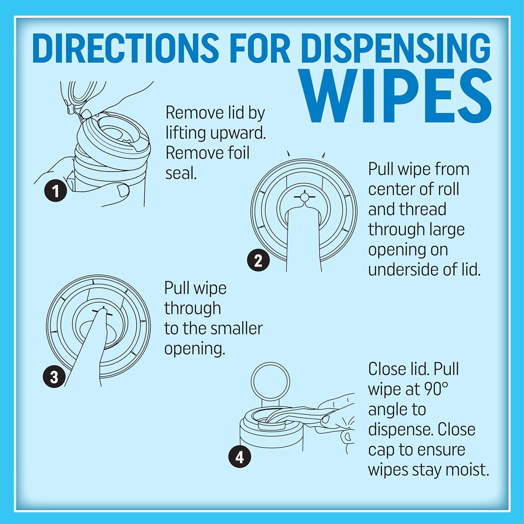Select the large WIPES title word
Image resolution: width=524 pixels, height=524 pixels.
(x=396, y=96)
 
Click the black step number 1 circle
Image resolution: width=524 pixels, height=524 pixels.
(x=56, y=191)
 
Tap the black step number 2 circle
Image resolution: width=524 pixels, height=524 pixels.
(x=258, y=260)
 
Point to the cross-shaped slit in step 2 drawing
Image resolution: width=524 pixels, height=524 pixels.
(x=305, y=197)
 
